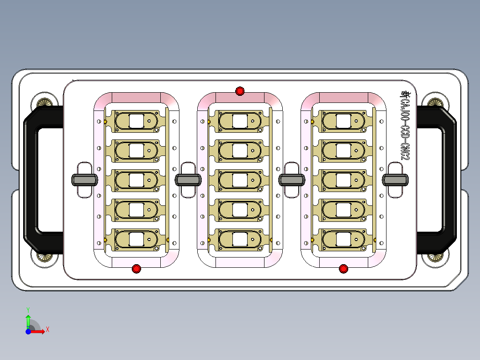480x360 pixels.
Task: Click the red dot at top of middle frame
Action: [240, 91]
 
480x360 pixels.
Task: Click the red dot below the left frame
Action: [136, 269]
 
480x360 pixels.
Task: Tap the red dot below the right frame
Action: [343, 269]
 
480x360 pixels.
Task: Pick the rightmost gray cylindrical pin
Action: [395, 180]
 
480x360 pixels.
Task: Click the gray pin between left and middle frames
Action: [188, 180]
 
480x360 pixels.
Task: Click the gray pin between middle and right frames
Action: [292, 180]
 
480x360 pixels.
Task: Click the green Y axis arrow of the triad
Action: [28, 319]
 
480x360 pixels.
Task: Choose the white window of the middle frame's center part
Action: [240, 180]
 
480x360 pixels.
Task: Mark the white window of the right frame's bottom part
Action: [343, 239]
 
